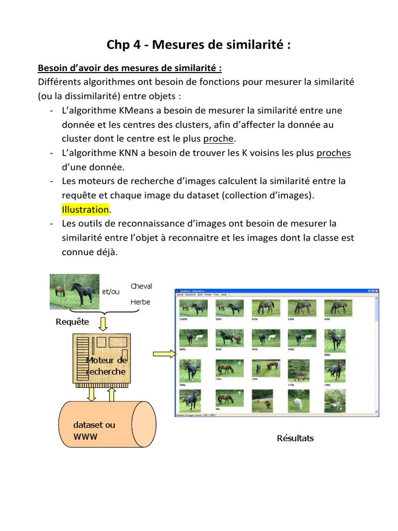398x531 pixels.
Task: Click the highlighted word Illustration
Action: pos(86,209)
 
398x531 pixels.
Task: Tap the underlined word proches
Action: pos(334,153)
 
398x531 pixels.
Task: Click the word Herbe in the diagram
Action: pos(140,302)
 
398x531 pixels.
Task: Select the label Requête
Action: pos(73,322)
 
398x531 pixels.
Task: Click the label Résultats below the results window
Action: pos(295,438)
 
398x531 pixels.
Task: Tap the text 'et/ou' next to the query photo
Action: pos(110,292)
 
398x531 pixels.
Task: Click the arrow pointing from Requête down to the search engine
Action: pos(103,324)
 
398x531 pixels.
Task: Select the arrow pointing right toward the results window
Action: pos(164,354)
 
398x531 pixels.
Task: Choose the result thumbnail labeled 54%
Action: pos(298,308)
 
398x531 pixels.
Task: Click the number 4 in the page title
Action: pos(136,45)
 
